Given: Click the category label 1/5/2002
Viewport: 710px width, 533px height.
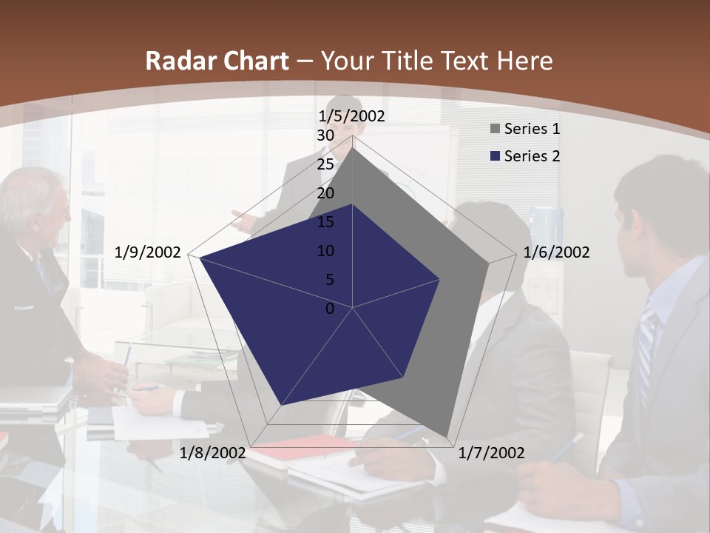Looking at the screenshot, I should [351, 116].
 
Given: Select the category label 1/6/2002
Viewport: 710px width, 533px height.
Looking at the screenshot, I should [556, 252].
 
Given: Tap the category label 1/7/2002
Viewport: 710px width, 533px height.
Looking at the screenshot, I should [491, 453].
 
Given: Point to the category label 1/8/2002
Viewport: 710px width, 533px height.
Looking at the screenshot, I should [213, 453].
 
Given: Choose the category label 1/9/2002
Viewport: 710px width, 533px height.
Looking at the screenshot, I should [148, 252].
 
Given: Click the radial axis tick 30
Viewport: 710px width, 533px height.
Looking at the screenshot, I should [325, 135].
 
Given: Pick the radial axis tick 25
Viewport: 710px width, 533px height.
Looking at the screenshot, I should [325, 164].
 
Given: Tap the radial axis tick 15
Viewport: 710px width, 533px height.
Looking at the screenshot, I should [325, 222].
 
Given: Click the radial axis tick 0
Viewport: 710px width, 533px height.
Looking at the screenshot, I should [330, 309].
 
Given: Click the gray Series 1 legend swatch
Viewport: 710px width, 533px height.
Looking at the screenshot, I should [496, 129].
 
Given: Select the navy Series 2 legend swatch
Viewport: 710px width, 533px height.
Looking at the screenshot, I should [496, 156].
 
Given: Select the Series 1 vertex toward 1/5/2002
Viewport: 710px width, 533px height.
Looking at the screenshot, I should [353, 147].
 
